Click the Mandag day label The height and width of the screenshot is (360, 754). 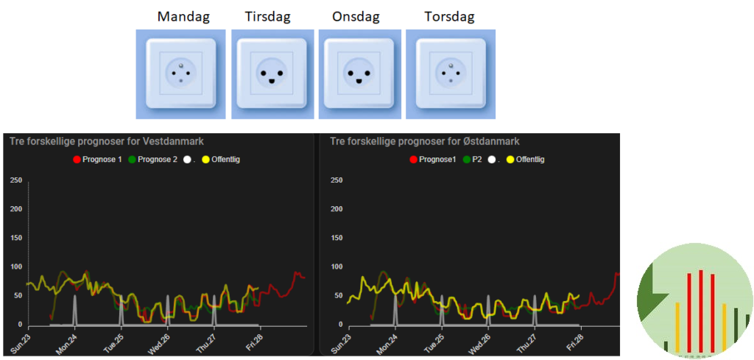tap(177, 15)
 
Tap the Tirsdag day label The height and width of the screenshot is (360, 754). tap(267, 15)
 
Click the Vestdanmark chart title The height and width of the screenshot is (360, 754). tap(107, 141)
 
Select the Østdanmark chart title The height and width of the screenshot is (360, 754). tap(424, 141)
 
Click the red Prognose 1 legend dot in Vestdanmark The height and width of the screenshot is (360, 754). tap(77, 159)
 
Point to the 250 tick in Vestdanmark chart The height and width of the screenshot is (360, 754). tap(15, 180)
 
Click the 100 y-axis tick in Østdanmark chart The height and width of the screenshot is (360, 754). tap(337, 266)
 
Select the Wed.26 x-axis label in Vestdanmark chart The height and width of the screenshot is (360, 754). tap(159, 343)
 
